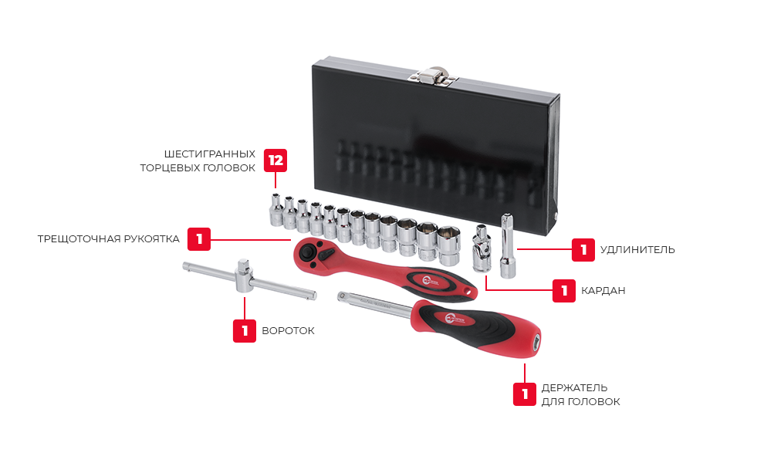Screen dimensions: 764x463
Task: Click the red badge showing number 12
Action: [x=276, y=161]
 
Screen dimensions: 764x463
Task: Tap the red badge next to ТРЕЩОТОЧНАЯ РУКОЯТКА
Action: [x=199, y=238]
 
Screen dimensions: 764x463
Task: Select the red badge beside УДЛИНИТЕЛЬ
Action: [x=583, y=250]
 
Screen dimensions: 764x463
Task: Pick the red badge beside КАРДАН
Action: [x=564, y=290]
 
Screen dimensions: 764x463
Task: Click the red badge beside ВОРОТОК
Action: [x=245, y=331]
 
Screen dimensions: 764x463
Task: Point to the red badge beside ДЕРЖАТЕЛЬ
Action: [x=525, y=394]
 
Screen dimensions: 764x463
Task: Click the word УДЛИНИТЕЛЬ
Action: [x=637, y=250]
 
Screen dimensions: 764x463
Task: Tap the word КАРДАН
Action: [x=603, y=290]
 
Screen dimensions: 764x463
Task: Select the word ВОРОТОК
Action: [x=288, y=331]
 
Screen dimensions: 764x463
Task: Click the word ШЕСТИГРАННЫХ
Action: [x=209, y=154]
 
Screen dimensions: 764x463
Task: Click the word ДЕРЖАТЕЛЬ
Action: [x=574, y=388]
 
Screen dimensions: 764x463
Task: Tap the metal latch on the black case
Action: [x=433, y=76]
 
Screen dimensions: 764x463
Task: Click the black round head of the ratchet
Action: [x=307, y=252]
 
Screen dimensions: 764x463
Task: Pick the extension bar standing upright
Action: [x=508, y=245]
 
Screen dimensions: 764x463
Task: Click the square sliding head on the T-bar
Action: [x=243, y=275]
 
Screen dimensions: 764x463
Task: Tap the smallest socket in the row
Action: [x=276, y=210]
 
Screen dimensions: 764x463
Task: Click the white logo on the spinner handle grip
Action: [x=455, y=319]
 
